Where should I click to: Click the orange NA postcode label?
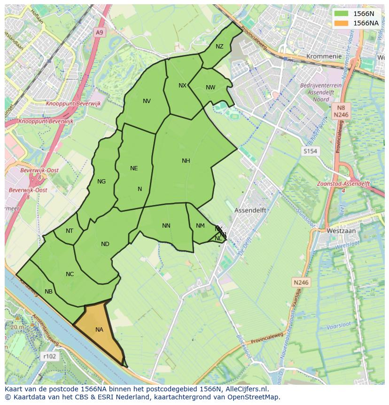coord(99,330)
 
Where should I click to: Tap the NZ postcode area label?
coord(219,47)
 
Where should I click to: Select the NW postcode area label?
coord(210,87)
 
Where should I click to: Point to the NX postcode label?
coord(182,86)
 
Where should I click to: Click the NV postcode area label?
coord(147,101)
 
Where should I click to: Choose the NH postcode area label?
coord(186,161)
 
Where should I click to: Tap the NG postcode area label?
coord(101,182)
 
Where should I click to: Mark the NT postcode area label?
coord(70,231)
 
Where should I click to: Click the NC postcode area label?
coord(70,274)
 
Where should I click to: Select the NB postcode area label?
coord(48,292)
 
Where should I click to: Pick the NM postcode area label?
coord(200,226)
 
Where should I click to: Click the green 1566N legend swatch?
coord(342,14)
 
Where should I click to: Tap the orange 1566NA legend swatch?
coord(342,23)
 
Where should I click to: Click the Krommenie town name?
coord(323,56)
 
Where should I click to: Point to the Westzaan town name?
coord(342,231)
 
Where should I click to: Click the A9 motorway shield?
coord(99,32)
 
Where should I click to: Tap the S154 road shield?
coord(310,151)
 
